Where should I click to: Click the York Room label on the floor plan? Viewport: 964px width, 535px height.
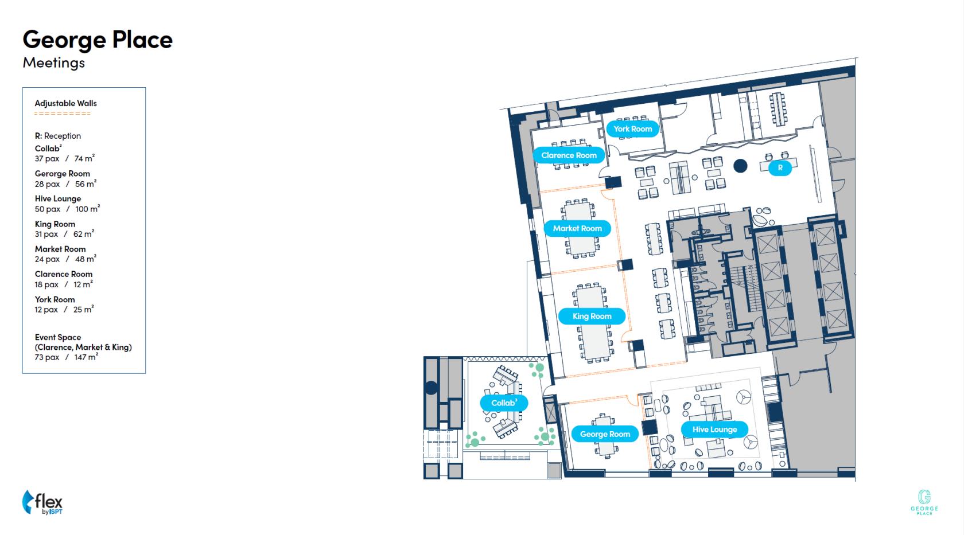(x=632, y=129)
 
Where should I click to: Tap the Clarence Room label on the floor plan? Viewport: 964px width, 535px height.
(x=569, y=155)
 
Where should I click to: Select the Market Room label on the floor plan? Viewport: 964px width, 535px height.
(x=577, y=228)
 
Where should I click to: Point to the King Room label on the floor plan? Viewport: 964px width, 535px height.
(x=592, y=316)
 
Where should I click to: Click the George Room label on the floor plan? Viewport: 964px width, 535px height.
(x=605, y=434)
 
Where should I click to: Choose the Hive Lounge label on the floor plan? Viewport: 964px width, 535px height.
(x=714, y=429)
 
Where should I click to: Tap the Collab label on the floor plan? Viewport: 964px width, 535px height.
(x=504, y=403)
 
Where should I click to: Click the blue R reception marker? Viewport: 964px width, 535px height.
(x=780, y=167)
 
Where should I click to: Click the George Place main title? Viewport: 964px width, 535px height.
(x=98, y=40)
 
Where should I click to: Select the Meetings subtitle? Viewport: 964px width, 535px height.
(x=54, y=63)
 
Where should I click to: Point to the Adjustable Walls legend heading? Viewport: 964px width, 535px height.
(x=66, y=103)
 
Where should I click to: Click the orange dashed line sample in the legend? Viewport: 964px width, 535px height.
(x=63, y=114)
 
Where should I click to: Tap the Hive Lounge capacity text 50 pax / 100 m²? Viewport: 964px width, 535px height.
(x=67, y=209)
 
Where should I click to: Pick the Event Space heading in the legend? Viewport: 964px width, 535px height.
(x=57, y=337)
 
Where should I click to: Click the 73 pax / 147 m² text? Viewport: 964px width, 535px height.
(x=67, y=357)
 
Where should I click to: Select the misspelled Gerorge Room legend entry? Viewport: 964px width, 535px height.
(x=63, y=174)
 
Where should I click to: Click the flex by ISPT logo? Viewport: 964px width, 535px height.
(x=42, y=502)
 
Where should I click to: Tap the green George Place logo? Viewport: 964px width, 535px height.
(x=924, y=502)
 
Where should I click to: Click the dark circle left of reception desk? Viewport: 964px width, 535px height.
(x=740, y=166)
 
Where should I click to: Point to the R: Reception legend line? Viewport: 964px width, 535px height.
(x=57, y=136)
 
